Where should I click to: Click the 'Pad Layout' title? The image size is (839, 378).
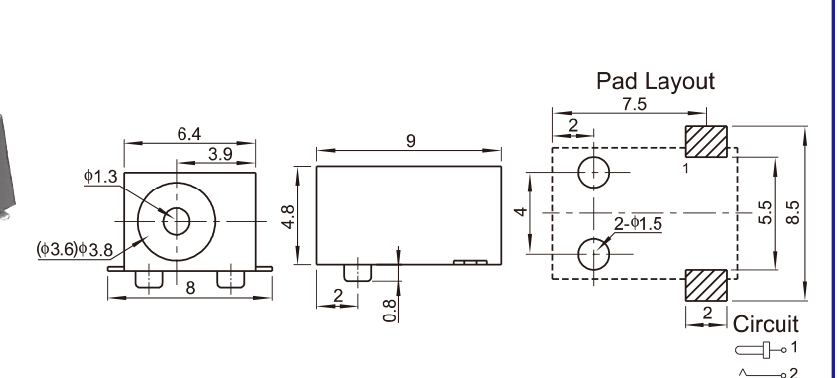(x=656, y=82)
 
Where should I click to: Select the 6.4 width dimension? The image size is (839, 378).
(x=189, y=134)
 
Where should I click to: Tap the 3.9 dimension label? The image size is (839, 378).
(x=220, y=154)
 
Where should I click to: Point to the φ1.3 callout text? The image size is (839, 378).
(x=100, y=177)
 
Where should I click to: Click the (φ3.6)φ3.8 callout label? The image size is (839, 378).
(x=74, y=249)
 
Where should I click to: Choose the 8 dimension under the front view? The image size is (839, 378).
(x=191, y=288)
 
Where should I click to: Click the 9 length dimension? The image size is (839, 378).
(x=411, y=141)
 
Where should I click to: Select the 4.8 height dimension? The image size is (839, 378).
(x=288, y=217)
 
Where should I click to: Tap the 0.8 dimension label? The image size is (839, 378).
(x=390, y=311)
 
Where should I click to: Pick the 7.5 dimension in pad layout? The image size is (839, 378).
(x=634, y=104)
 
